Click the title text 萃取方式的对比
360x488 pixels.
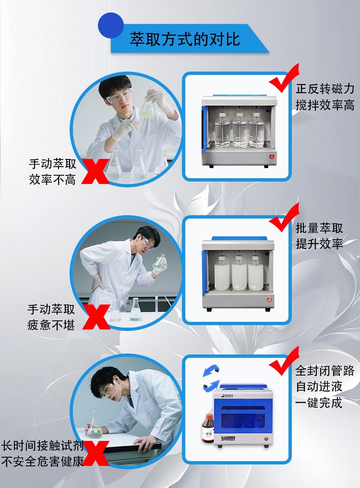[x=184, y=39]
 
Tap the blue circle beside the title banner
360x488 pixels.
[x=111, y=25]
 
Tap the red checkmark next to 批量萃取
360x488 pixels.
[x=284, y=219]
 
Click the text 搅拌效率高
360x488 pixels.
[x=325, y=105]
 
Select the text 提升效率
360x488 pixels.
[x=319, y=244]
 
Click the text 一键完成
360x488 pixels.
[x=319, y=402]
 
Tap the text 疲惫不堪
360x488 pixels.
[x=51, y=325]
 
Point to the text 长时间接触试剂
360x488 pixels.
[x=42, y=446]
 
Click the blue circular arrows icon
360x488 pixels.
[x=211, y=377]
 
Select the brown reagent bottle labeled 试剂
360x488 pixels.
[x=208, y=429]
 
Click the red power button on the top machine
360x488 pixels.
[x=271, y=157]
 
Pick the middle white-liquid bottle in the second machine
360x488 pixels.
[x=239, y=273]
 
